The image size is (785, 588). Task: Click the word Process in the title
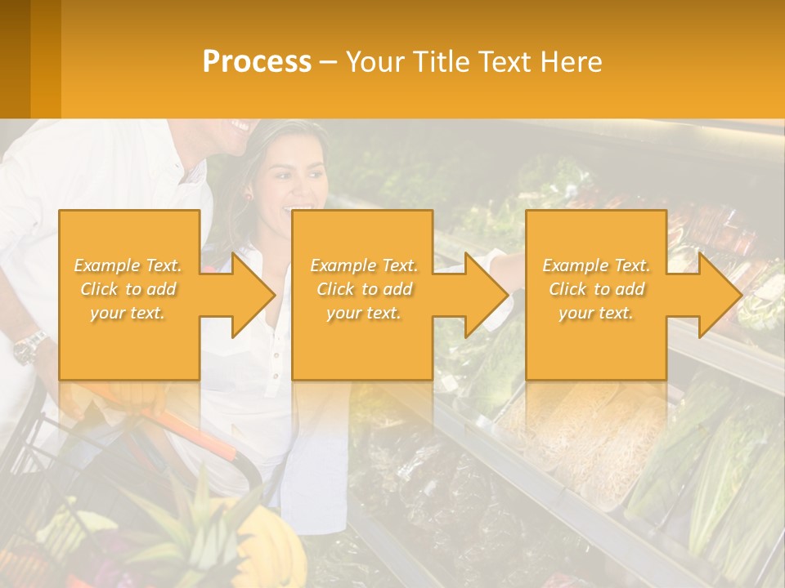click(x=257, y=62)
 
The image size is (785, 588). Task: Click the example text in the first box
click(x=128, y=289)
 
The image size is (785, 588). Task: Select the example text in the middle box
click(x=364, y=289)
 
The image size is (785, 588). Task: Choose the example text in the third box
click(x=596, y=289)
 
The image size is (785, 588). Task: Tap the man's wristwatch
click(x=30, y=346)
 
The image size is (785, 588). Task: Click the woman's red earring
click(x=247, y=196)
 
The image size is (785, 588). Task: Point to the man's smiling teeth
click(x=240, y=127)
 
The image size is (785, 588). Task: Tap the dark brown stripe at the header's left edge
click(x=15, y=59)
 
